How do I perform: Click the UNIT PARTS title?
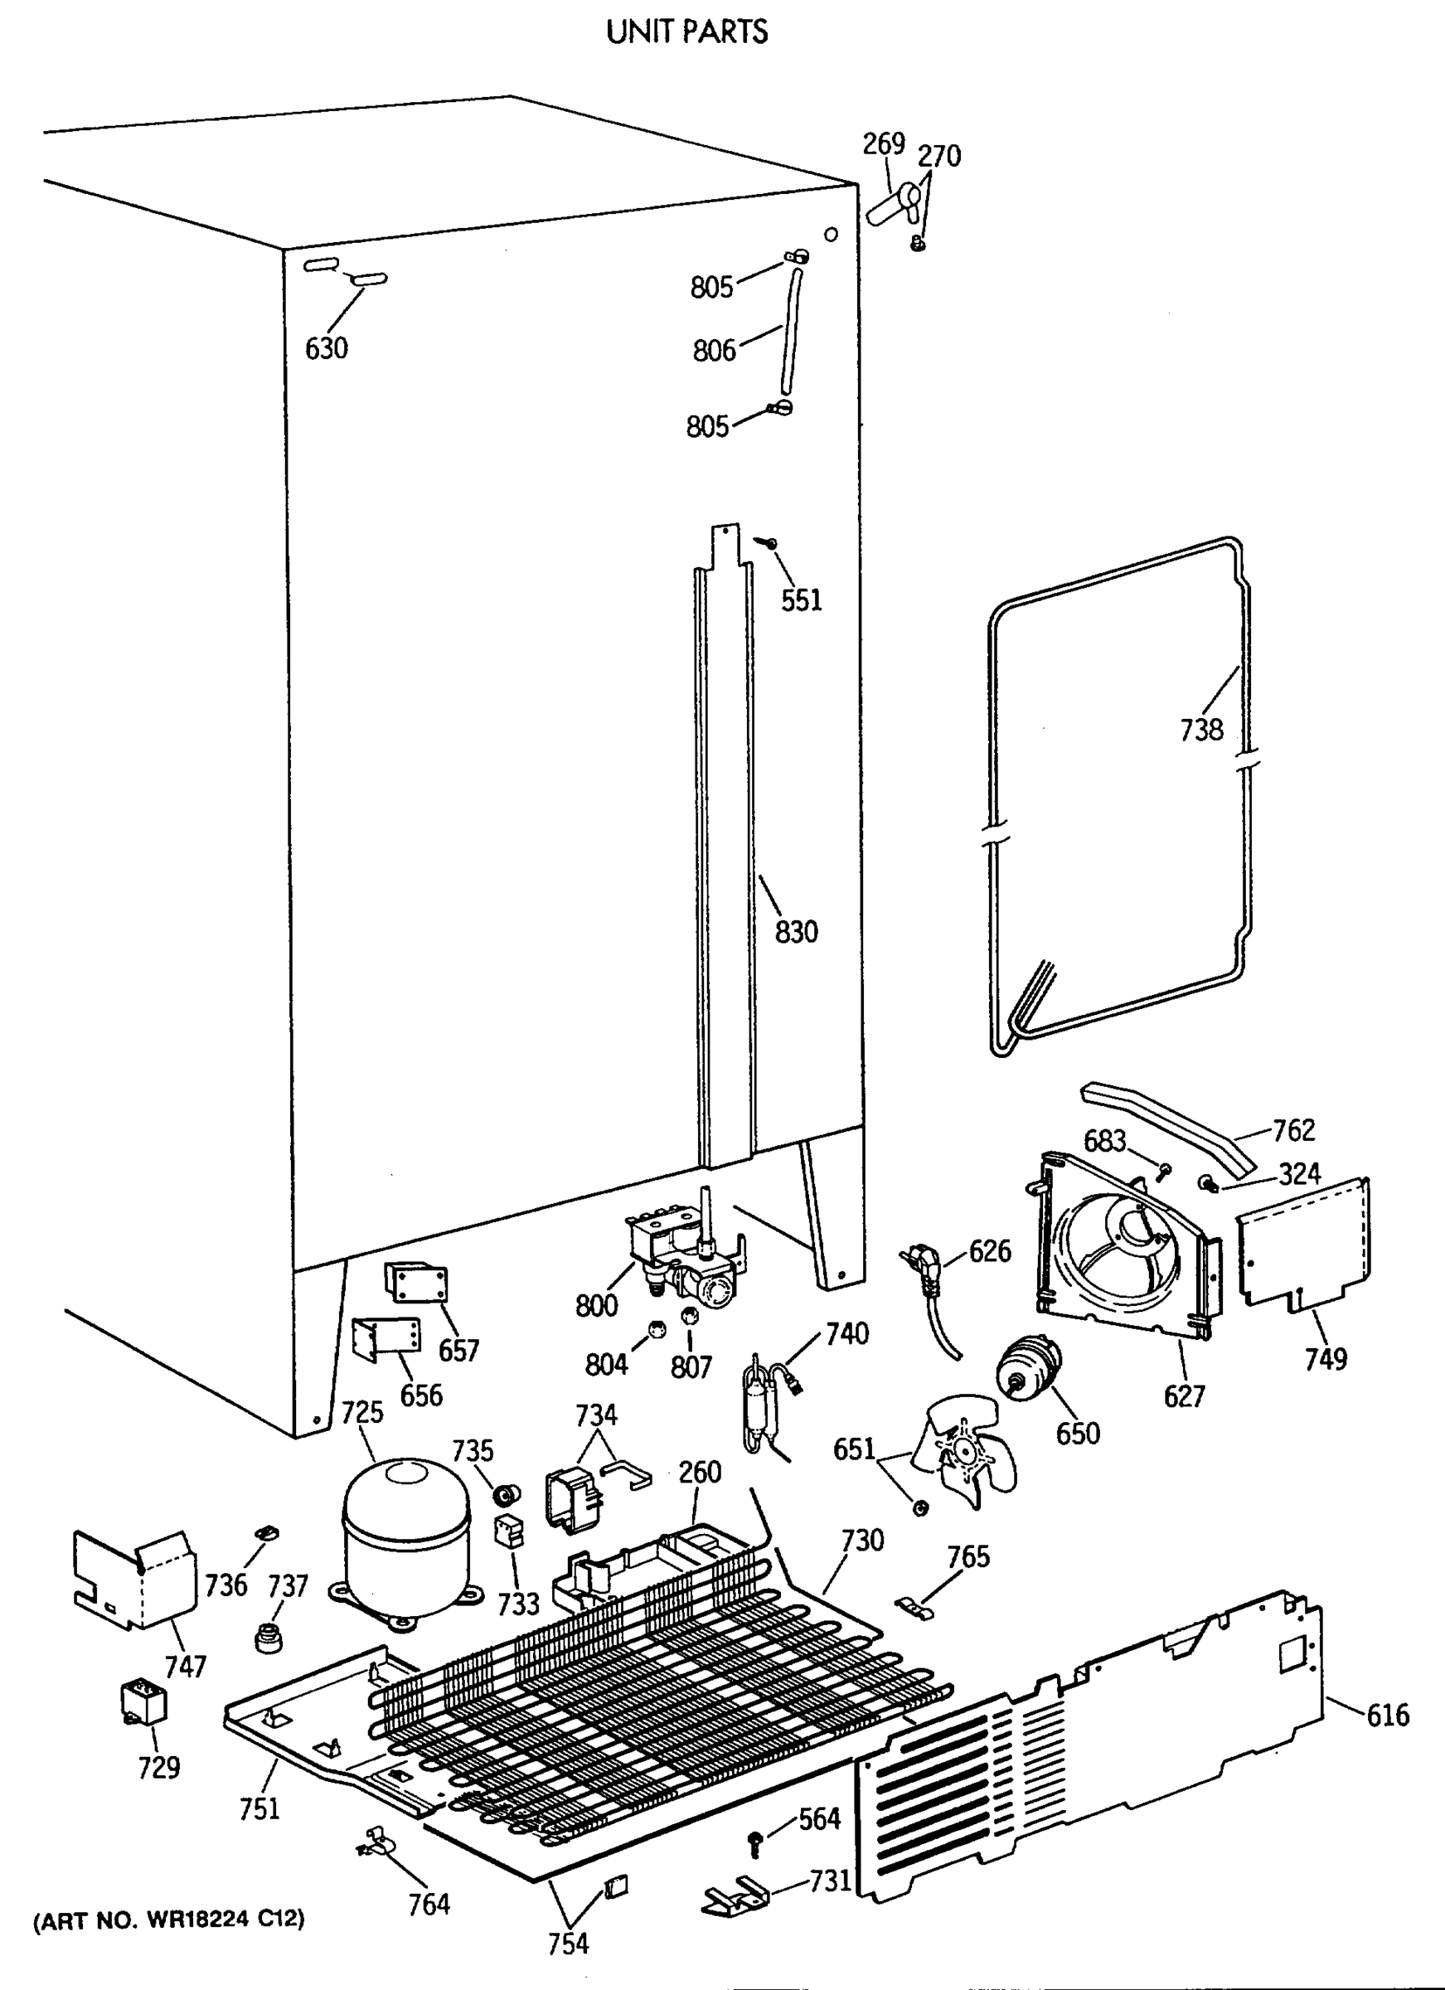point(687,32)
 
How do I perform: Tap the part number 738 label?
point(1201,729)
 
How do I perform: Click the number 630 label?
point(327,349)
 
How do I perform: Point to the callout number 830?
point(796,932)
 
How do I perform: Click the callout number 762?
point(1294,1130)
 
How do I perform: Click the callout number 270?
point(938,156)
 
